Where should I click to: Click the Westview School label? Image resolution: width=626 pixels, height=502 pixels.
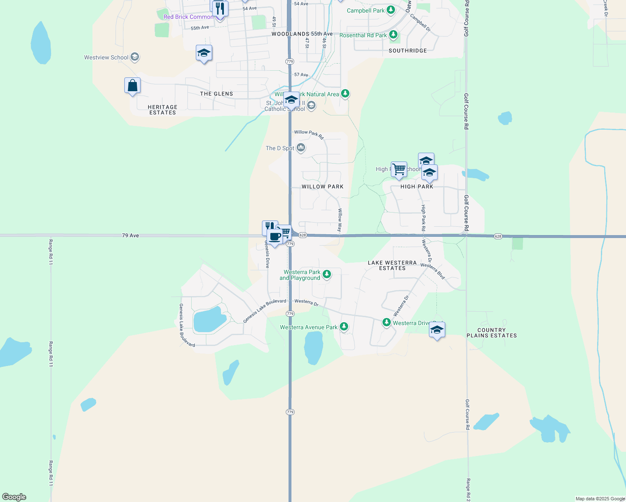pyautogui.click(x=106, y=58)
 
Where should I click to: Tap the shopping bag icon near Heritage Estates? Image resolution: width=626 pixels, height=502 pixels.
pyautogui.click(x=132, y=86)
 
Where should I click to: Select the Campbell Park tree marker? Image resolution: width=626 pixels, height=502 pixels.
pyautogui.click(x=391, y=10)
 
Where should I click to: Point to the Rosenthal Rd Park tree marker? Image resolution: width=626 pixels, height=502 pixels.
pyautogui.click(x=393, y=35)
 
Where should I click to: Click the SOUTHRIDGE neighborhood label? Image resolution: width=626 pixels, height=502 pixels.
pyautogui.click(x=408, y=51)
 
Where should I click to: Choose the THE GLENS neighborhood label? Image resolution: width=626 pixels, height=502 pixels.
pyautogui.click(x=216, y=94)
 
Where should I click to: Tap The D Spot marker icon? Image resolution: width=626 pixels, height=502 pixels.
pyautogui.click(x=301, y=148)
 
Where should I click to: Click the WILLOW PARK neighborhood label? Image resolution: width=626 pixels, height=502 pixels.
pyautogui.click(x=322, y=187)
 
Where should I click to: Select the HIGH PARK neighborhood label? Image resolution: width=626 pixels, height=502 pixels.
pyautogui.click(x=417, y=187)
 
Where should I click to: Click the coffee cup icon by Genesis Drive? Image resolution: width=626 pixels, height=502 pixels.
pyautogui.click(x=275, y=237)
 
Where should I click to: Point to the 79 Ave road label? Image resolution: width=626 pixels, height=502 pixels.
pyautogui.click(x=130, y=236)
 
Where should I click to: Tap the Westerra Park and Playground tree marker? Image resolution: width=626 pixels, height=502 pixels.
pyautogui.click(x=327, y=274)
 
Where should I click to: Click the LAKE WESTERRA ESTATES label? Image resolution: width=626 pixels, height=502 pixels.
pyautogui.click(x=392, y=265)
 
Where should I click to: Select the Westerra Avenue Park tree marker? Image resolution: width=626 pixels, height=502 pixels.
pyautogui.click(x=344, y=327)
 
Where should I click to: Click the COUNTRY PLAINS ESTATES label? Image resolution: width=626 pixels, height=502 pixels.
pyautogui.click(x=492, y=333)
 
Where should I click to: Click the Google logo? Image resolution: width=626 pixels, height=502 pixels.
pyautogui.click(x=14, y=497)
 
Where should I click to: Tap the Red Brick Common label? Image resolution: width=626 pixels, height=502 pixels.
pyautogui.click(x=188, y=17)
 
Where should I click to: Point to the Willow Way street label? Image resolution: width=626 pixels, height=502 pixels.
pyautogui.click(x=340, y=220)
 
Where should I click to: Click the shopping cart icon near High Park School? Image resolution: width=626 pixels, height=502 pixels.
pyautogui.click(x=399, y=169)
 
